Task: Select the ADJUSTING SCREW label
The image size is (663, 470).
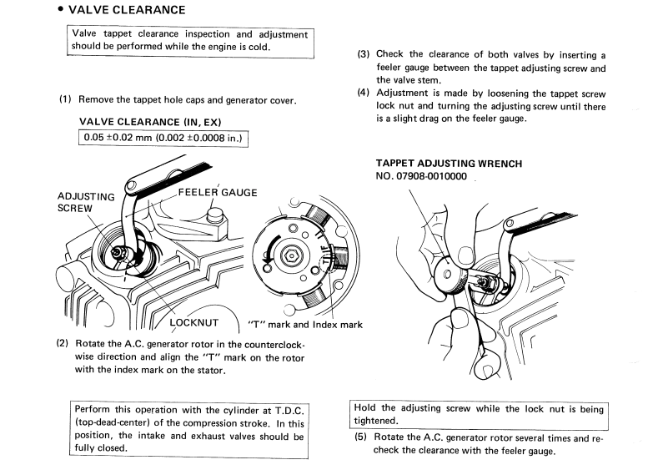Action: coord(86,202)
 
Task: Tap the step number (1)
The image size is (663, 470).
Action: coord(66,100)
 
